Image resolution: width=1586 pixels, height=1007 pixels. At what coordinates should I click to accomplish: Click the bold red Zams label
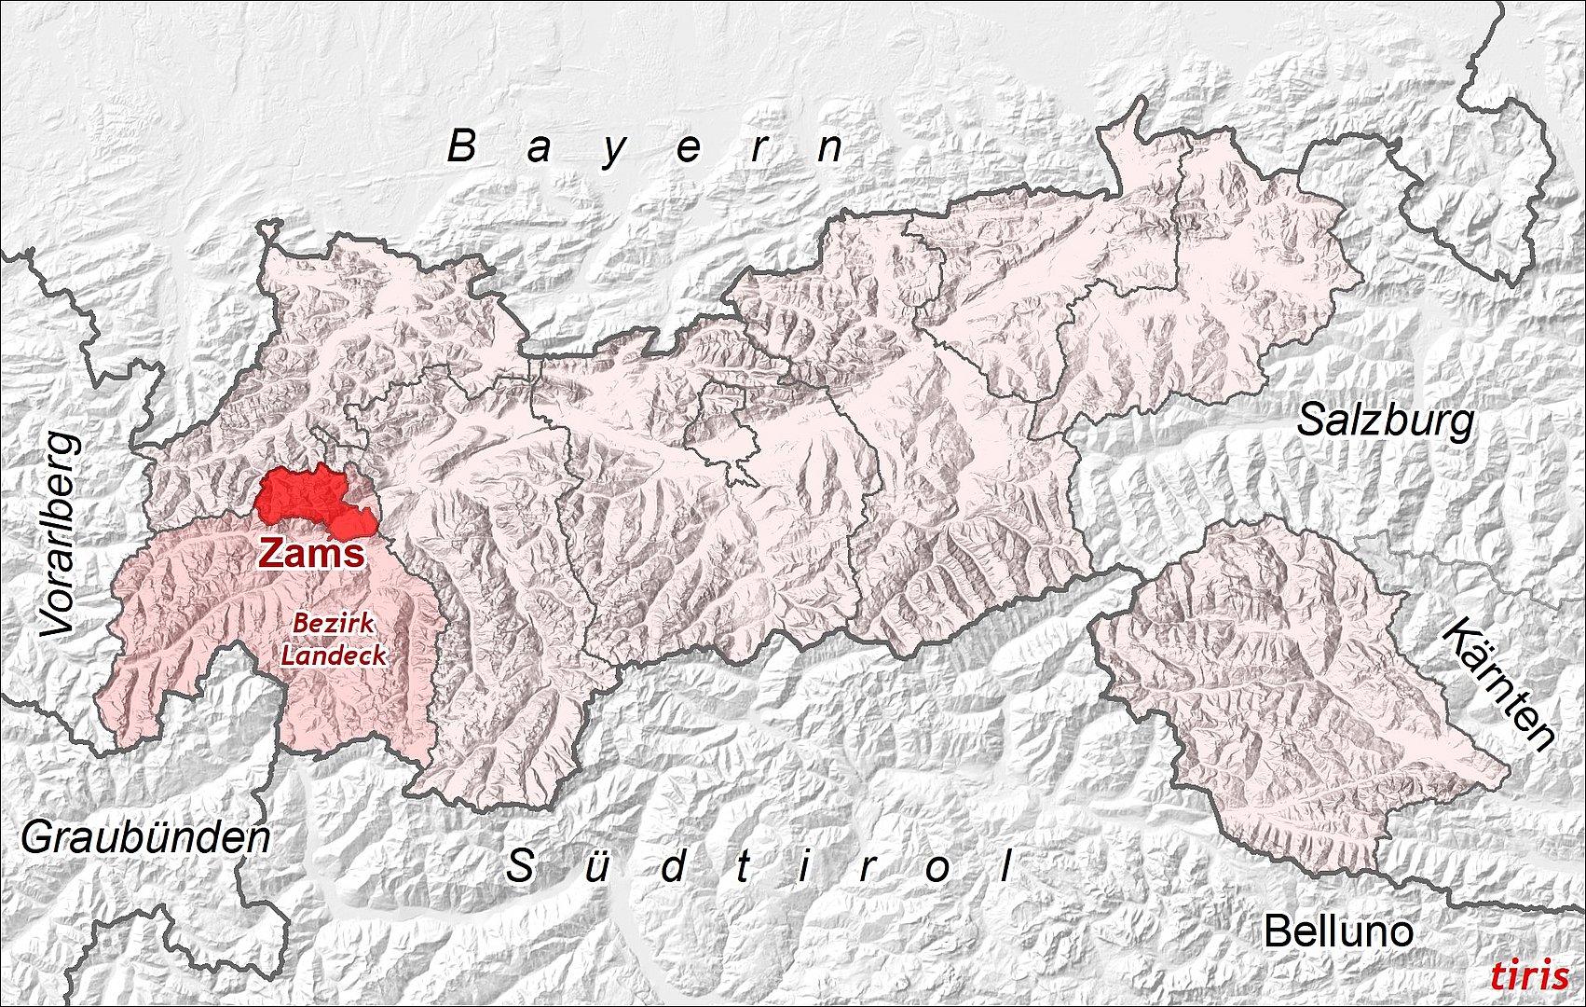(x=311, y=553)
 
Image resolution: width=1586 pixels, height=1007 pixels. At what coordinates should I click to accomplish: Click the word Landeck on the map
(x=334, y=654)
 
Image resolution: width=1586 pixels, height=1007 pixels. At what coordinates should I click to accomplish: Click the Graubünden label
(x=146, y=838)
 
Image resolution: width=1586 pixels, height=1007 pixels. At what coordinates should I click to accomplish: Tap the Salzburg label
(x=1386, y=421)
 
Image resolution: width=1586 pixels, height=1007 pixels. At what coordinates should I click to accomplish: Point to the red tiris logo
(x=1528, y=975)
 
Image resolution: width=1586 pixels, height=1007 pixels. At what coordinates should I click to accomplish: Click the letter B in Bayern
(x=461, y=146)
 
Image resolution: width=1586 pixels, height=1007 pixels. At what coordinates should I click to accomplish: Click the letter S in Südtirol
(x=519, y=867)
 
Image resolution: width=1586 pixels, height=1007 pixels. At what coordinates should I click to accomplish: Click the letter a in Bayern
(x=538, y=149)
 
